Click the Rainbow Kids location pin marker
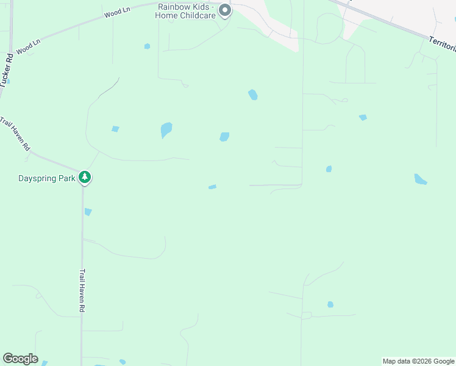coord(225,10)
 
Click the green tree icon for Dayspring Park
coord(85,178)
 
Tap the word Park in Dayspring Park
coord(68,178)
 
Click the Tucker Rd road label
coord(7,70)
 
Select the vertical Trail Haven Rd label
coord(81,292)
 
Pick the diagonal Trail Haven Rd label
coord(15,134)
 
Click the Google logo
coord(20,359)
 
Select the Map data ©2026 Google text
coord(418,361)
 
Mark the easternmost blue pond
coord(420,179)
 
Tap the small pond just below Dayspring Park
coord(88,212)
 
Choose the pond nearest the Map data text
coord(330,304)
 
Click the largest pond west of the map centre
coord(166,129)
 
